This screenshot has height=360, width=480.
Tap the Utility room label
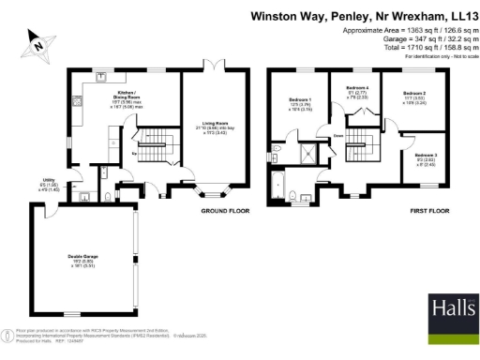pos(49,183)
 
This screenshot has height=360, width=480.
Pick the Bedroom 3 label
pos(427,157)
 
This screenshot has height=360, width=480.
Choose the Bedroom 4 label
pos(357,92)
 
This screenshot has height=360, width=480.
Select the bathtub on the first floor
pos(277,185)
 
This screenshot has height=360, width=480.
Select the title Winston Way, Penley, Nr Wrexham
pos(364,16)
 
